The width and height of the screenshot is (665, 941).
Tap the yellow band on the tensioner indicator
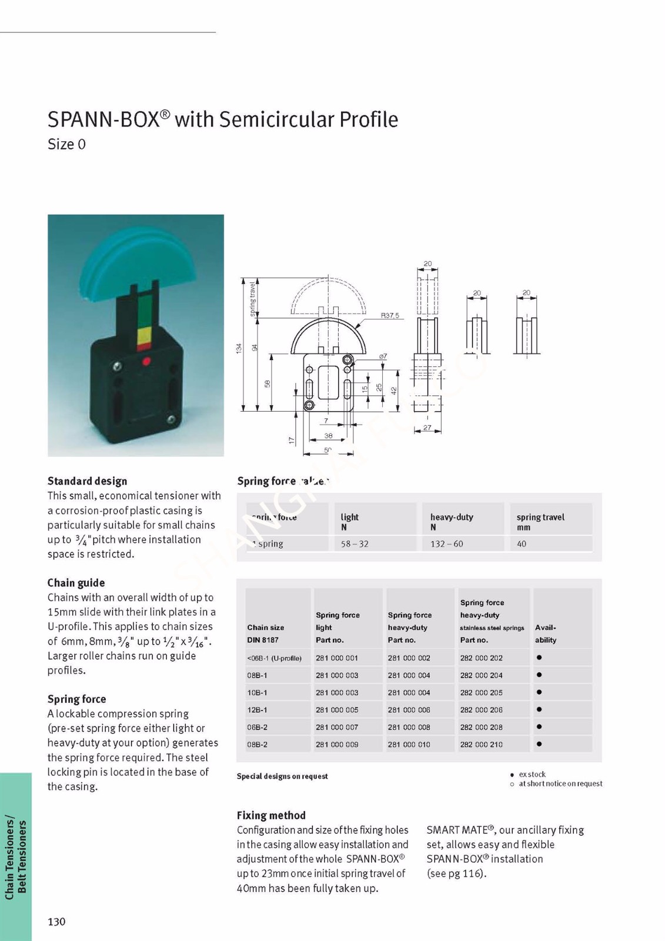[145, 336]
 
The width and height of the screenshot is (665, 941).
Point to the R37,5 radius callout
[389, 316]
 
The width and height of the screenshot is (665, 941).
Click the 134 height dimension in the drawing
[239, 348]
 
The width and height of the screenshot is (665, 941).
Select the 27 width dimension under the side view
[427, 428]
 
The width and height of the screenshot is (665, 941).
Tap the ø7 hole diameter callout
[383, 356]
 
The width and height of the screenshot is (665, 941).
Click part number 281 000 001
[336, 658]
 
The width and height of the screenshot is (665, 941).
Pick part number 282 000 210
[481, 745]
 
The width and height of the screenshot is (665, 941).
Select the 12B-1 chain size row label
[257, 710]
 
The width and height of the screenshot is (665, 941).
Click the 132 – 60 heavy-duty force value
[446, 544]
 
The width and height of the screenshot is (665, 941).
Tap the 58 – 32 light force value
[355, 544]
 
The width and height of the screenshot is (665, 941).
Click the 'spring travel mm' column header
[540, 522]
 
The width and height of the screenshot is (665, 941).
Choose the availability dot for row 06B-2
[539, 727]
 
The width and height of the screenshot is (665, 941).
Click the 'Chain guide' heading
[76, 583]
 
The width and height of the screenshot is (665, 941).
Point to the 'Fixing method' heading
[271, 815]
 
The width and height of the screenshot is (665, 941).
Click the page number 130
[56, 922]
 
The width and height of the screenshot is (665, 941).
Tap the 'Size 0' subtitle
[66, 144]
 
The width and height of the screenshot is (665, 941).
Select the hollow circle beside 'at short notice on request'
[512, 784]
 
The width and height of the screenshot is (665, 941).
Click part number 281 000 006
[409, 710]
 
